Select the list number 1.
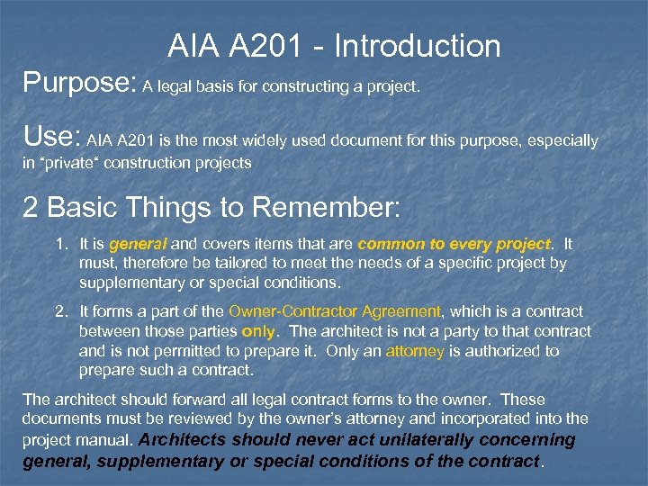tap(60, 244)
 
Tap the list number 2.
tap(60, 311)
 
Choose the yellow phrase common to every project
tap(454, 244)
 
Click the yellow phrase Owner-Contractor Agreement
tap(335, 311)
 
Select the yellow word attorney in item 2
tap(415, 351)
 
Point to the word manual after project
tap(103, 440)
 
